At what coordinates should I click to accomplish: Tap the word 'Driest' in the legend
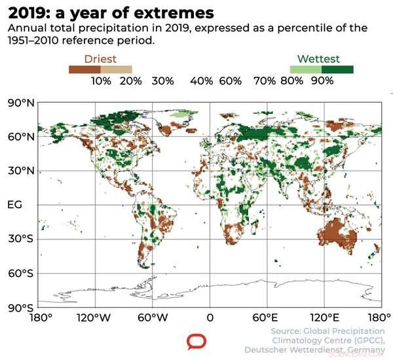point(100,60)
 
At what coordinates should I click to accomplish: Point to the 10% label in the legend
point(101,81)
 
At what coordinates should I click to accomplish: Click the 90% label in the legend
point(322,81)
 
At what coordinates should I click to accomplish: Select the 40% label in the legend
point(202,81)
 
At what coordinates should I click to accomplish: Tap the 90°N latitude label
point(20,103)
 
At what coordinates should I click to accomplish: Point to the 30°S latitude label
point(20,239)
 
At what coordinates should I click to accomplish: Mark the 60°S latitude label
point(20,273)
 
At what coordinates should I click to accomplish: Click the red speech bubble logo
point(196,341)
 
